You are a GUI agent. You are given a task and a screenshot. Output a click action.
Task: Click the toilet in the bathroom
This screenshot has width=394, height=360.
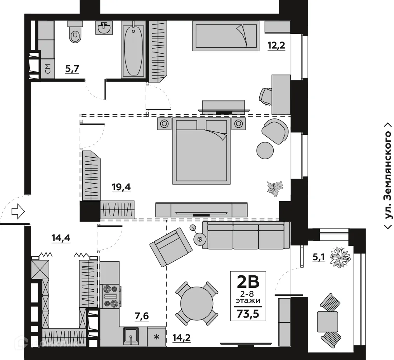click(x=75, y=31)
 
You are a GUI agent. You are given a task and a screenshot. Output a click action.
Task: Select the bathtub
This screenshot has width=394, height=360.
click(x=133, y=49)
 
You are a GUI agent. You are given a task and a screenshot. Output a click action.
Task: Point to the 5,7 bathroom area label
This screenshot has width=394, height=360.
click(x=72, y=70)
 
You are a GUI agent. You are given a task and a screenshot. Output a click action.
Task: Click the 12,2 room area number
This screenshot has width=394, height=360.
click(x=276, y=46)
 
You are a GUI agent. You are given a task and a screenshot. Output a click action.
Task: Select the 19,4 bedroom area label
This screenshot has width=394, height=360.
click(x=121, y=188)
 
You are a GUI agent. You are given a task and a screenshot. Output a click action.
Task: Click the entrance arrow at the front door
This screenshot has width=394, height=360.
click(x=18, y=211)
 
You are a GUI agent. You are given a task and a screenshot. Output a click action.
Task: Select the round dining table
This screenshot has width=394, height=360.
click(x=197, y=303)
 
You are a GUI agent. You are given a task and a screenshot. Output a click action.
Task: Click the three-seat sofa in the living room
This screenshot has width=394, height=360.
click(x=246, y=235)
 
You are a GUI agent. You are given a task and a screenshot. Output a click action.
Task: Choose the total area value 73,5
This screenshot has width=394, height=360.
click(x=248, y=313)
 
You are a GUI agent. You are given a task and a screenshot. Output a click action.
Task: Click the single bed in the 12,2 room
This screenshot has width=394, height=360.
click(x=226, y=36)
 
